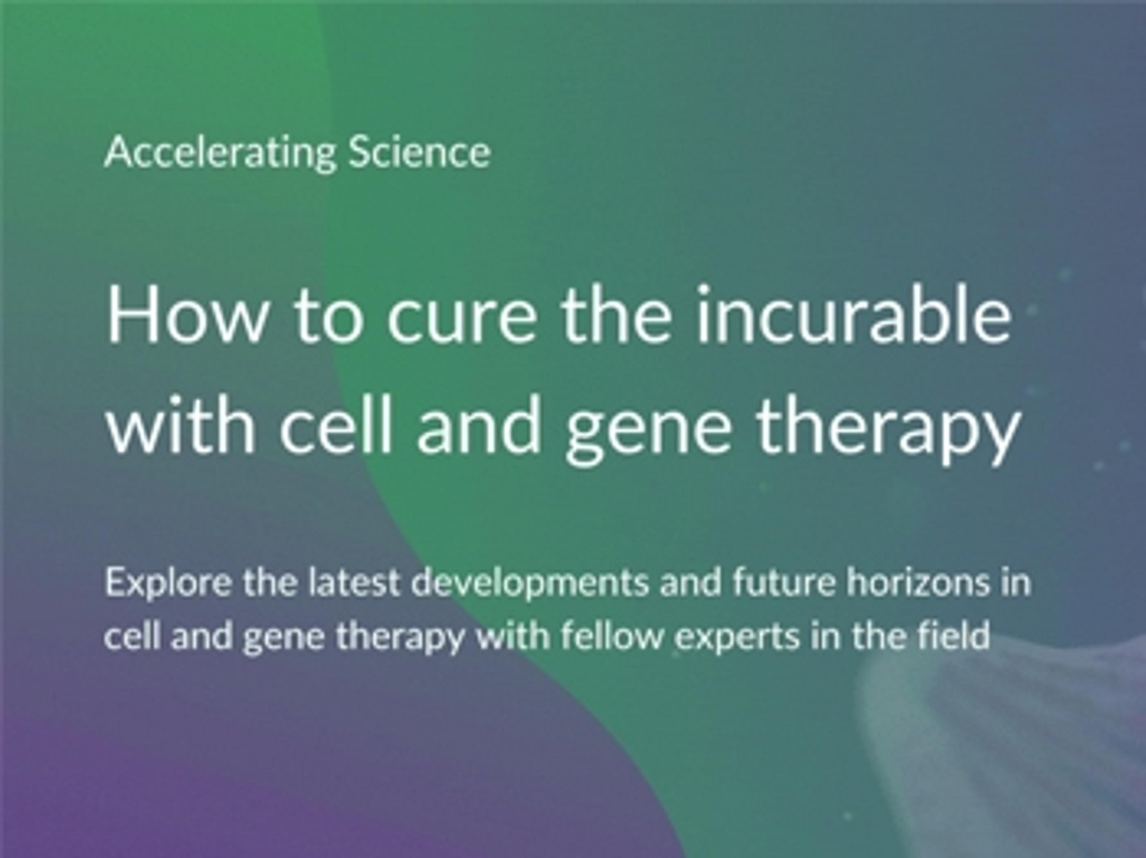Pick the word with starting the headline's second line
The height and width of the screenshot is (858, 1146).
click(x=180, y=422)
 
